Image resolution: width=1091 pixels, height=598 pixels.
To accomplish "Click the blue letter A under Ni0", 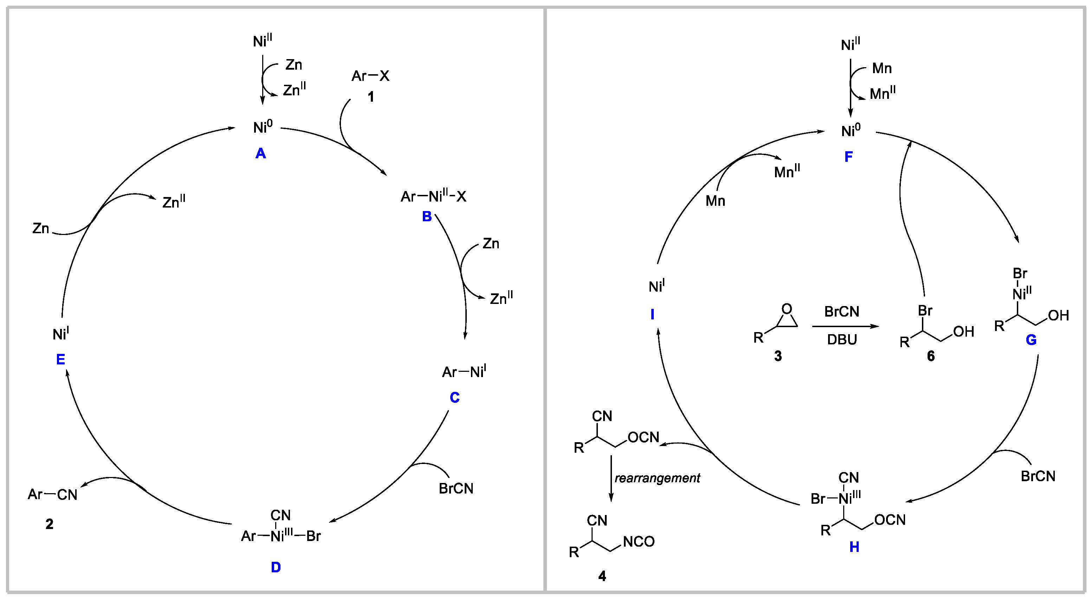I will [x=260, y=153].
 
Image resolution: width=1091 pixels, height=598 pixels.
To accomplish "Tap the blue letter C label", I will [x=454, y=397].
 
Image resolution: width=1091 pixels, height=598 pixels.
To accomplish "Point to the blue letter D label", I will [x=276, y=567].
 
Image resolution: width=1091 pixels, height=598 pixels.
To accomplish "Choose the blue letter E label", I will [x=60, y=360].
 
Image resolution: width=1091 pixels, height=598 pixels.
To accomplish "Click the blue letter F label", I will [x=848, y=157].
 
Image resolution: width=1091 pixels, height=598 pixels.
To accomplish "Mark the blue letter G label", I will [x=1031, y=339].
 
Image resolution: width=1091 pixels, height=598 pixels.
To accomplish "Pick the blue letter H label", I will [x=854, y=547].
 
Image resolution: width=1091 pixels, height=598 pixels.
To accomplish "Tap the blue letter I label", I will [x=652, y=314].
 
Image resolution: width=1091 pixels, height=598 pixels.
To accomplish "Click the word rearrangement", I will [x=657, y=478].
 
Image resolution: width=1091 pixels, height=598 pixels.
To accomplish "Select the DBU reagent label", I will [x=842, y=339].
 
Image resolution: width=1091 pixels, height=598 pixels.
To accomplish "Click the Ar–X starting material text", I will [x=370, y=76].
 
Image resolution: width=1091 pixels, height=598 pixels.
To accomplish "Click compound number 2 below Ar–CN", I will [x=50, y=524].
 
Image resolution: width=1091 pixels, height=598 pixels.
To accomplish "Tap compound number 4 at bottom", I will [x=602, y=576].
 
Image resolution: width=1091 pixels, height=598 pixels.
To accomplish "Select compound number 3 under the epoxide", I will [x=778, y=356].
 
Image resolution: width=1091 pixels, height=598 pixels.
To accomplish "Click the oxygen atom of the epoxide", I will [x=787, y=308].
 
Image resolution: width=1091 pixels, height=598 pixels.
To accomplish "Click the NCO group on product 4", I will [x=639, y=542].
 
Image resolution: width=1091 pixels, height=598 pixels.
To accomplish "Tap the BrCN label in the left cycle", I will [x=456, y=489].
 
